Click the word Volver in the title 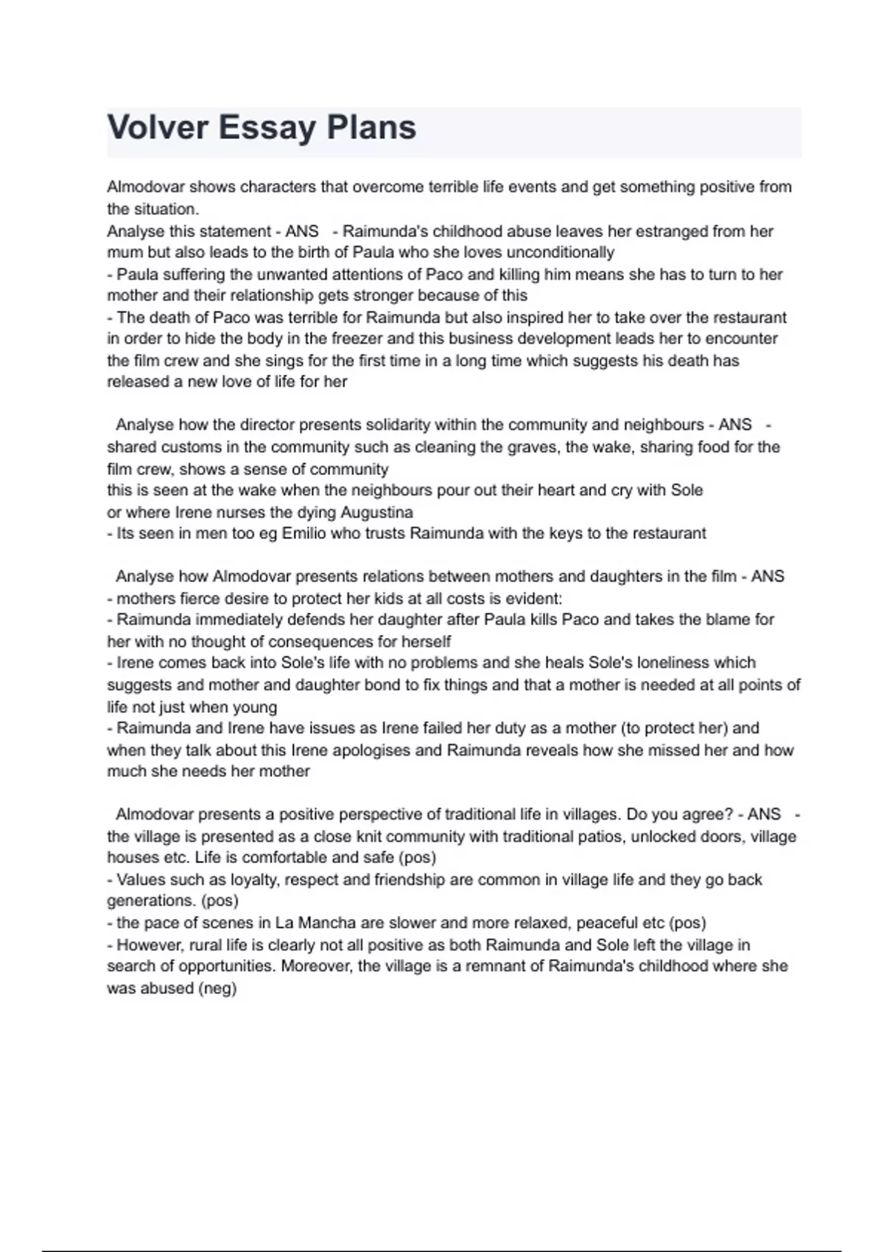[158, 127]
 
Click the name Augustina [376, 512]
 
